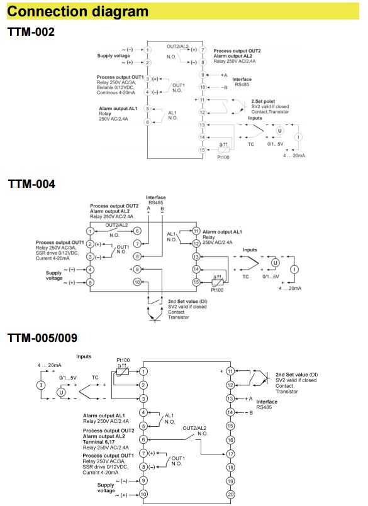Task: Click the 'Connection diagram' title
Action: click(77, 11)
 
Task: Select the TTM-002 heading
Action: click(31, 32)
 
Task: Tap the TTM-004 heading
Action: click(31, 184)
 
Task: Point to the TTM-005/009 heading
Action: click(42, 338)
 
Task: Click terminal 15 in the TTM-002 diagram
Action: click(203, 150)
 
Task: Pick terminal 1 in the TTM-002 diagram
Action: click(147, 50)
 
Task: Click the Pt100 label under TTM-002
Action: click(223, 157)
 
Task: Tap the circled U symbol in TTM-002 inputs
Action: click(280, 131)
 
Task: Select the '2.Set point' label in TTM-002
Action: click(263, 101)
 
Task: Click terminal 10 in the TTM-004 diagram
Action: click(137, 282)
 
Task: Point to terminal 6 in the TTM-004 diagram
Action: click(137, 231)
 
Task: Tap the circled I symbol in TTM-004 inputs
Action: click(294, 269)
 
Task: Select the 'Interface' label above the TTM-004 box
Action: click(156, 197)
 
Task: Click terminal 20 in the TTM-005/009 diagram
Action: click(230, 495)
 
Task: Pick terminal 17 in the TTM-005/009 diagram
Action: click(230, 454)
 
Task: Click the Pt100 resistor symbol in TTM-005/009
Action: click(123, 371)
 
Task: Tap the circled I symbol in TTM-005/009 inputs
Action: click(41, 385)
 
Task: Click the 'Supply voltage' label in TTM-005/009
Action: click(106, 488)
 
